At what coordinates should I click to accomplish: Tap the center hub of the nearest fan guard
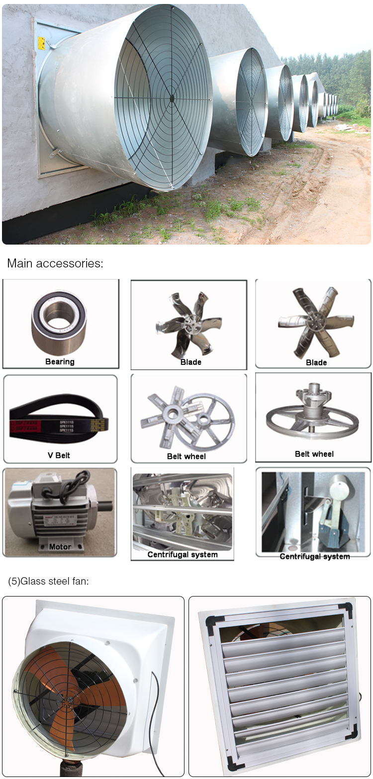click(x=172, y=98)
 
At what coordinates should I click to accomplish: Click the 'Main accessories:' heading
click(x=55, y=263)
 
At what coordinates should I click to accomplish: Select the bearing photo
click(x=59, y=325)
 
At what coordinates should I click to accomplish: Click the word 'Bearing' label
click(x=60, y=362)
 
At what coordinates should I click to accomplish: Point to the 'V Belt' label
click(x=59, y=455)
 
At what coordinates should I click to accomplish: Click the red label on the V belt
click(x=25, y=427)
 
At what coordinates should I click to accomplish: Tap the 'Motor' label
click(x=60, y=547)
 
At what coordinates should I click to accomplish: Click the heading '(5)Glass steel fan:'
click(x=48, y=581)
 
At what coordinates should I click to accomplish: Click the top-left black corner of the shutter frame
click(x=211, y=622)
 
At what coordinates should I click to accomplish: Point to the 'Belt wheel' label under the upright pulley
click(x=314, y=454)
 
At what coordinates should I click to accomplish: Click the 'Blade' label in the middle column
click(x=190, y=362)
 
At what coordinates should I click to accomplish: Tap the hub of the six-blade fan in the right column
click(x=316, y=319)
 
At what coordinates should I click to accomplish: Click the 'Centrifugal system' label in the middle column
click(x=183, y=555)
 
